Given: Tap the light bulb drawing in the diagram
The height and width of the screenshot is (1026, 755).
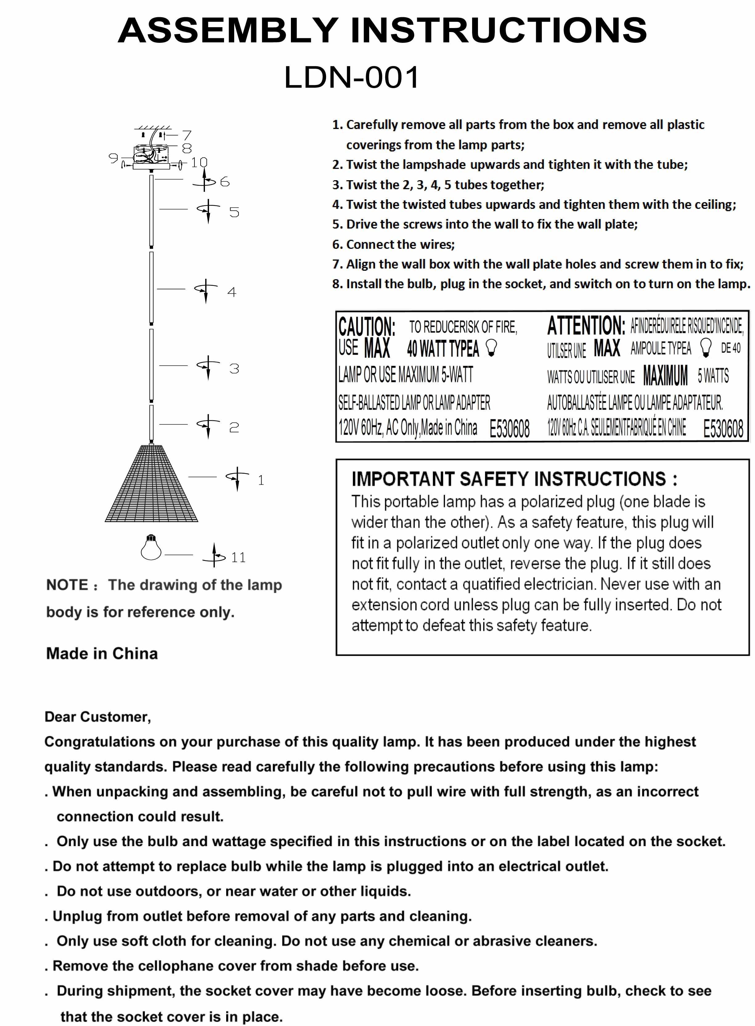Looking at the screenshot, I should (x=151, y=548).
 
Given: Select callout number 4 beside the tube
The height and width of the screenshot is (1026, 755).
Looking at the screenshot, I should (x=232, y=292).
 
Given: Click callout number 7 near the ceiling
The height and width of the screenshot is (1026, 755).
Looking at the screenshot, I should (x=186, y=135).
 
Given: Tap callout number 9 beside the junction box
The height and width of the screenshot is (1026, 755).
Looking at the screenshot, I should (x=113, y=158).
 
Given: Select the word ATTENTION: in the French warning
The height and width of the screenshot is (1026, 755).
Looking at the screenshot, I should (x=586, y=326).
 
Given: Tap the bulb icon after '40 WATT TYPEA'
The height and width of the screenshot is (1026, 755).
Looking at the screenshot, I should (x=491, y=348).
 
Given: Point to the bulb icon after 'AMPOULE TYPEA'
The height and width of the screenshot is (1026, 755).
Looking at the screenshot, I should (x=706, y=348).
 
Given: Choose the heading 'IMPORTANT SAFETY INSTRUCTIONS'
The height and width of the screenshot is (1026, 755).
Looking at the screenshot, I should (x=514, y=479).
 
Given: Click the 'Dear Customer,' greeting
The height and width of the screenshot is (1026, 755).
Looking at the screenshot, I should (x=98, y=717).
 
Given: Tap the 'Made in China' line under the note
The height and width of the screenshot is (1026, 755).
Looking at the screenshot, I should (x=102, y=653).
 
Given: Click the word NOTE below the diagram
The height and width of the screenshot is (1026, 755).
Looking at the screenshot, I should (x=67, y=585).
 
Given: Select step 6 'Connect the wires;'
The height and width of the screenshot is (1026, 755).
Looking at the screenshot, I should (x=394, y=244).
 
